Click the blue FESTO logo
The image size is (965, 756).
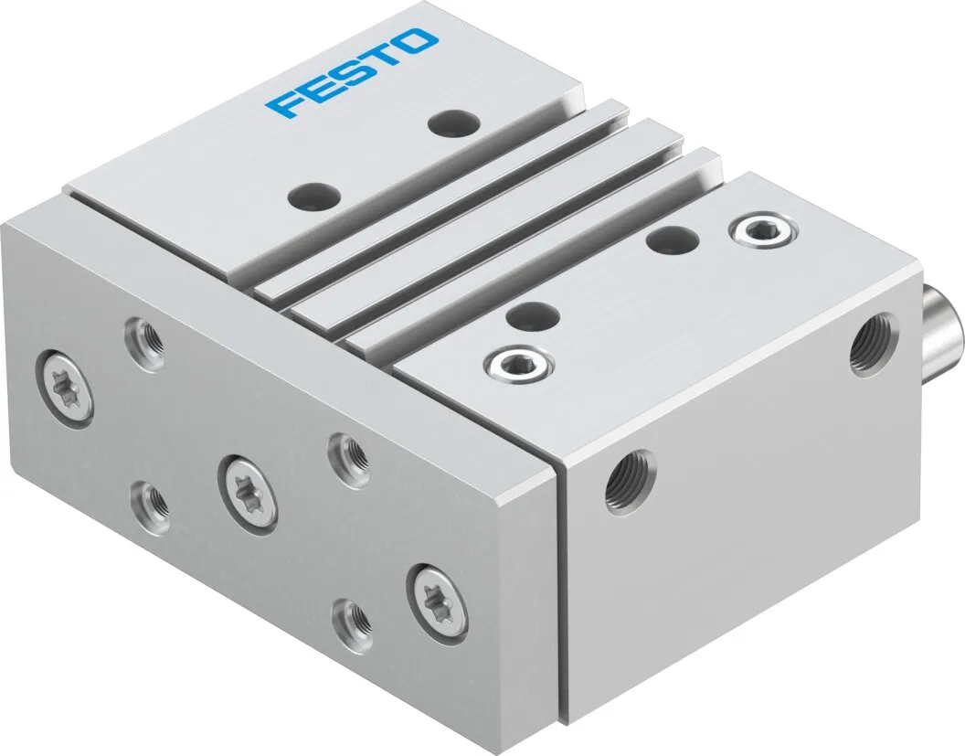click(352, 72)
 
